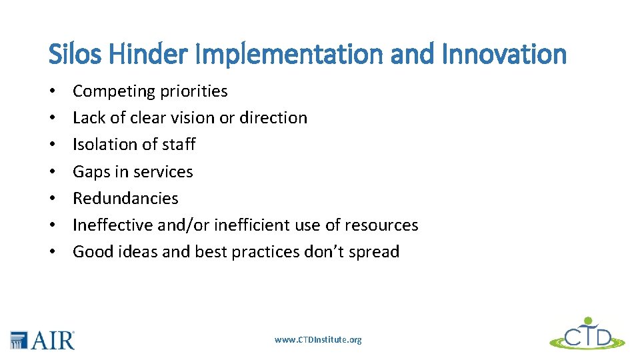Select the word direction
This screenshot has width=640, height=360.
[273, 118]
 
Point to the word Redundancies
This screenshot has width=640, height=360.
[125, 199]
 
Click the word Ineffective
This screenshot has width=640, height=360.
[113, 225]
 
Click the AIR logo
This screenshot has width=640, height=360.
[42, 340]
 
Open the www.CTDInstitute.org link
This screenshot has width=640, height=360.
[318, 340]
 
